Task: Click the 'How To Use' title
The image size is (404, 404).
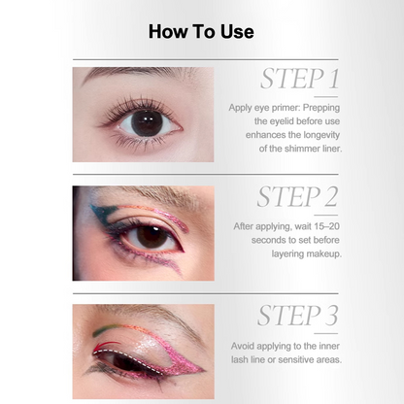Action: click(x=201, y=32)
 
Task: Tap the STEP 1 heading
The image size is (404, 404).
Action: click(x=300, y=79)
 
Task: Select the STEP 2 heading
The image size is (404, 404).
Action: click(x=298, y=197)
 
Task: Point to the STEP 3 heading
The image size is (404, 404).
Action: click(x=298, y=316)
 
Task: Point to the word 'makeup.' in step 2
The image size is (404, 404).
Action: click(x=324, y=253)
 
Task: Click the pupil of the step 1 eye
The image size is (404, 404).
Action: click(x=147, y=123)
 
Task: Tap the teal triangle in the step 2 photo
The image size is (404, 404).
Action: click(x=103, y=212)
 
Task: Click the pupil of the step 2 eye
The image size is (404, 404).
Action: click(x=151, y=237)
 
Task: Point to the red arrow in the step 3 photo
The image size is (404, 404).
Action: click(x=106, y=346)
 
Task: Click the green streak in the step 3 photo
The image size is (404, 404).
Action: click(x=104, y=330)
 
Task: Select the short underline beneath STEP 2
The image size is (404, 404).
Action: click(x=326, y=215)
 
